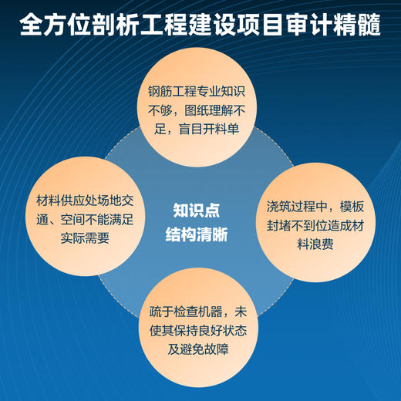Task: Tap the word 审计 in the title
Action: pyautogui.click(x=302, y=23)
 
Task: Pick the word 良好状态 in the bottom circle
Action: pyautogui.click(x=217, y=331)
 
